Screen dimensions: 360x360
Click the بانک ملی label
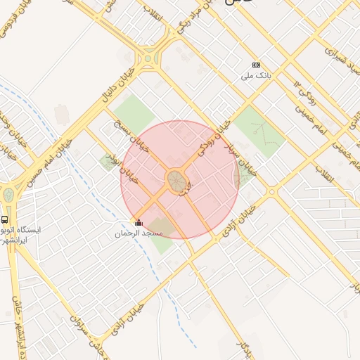coord(255,75)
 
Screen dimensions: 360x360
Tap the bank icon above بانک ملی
coord(255,65)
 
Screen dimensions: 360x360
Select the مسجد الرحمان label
coord(139,233)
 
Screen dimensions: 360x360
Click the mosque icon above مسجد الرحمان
coord(138,223)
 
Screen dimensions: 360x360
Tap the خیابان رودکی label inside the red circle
coord(215,136)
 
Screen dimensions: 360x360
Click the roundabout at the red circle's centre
coord(177,181)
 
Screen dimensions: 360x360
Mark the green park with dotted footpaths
coord(259,132)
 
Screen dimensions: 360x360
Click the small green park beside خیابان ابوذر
coord(108,162)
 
